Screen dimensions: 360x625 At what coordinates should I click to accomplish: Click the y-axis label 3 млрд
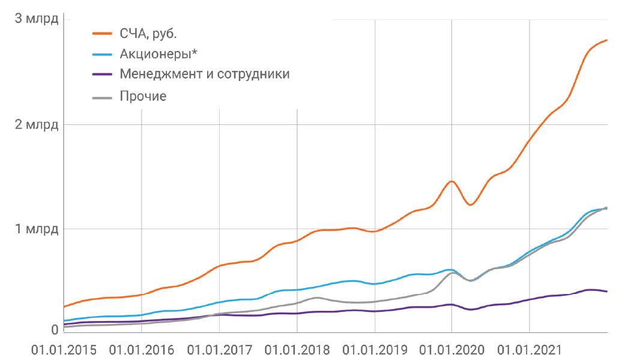[x=37, y=19]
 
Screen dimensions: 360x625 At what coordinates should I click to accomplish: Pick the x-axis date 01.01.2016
[x=142, y=349]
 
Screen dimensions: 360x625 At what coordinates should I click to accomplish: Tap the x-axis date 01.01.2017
[x=220, y=349]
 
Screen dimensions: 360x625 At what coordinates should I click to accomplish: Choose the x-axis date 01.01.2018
[x=297, y=349]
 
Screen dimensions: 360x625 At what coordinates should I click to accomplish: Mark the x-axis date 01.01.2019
[x=375, y=349]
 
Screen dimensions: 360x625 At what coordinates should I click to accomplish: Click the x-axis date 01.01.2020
[x=451, y=349]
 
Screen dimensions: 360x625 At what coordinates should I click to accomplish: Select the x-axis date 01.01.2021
[x=529, y=349]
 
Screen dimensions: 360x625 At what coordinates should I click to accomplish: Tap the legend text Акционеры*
[x=159, y=54]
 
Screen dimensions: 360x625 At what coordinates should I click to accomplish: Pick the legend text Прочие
[x=143, y=95]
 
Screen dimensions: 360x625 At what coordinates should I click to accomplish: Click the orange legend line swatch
[x=102, y=34]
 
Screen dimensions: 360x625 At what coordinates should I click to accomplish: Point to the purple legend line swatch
[x=102, y=74]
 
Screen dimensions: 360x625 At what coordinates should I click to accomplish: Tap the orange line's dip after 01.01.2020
[x=470, y=205]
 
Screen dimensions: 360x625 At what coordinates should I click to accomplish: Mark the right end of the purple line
[x=606, y=292]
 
